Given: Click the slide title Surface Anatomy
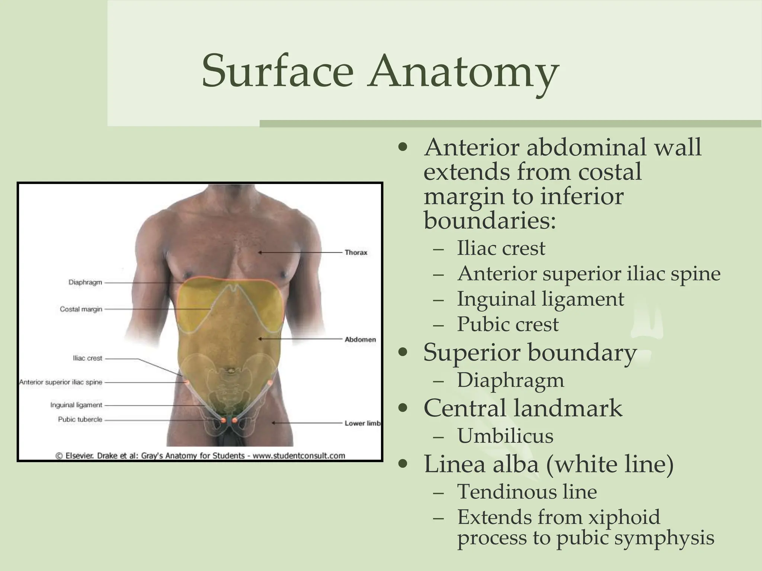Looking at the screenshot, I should pos(380,71).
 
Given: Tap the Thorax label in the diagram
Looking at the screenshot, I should pos(356,252).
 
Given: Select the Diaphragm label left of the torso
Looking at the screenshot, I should pos(85,283).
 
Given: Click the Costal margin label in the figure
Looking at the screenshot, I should pos(81,309).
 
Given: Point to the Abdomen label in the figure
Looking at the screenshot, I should pos(360,339).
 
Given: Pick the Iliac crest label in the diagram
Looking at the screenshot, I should pos(87,358).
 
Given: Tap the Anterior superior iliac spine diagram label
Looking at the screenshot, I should pos(61,382).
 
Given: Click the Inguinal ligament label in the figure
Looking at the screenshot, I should pos(76,405).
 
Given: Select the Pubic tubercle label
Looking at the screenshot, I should pos(80,419).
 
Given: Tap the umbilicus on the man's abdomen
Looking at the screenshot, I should pos(231,371).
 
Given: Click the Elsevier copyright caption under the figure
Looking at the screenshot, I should pos(200,455).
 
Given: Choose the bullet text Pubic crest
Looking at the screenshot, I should pos(508,324).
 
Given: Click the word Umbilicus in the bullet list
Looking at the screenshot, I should pos(505,436).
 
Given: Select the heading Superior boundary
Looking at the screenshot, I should pos(530,352).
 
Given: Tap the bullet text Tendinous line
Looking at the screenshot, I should pos(527,491).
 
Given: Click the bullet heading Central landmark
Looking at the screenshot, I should pos(523,408).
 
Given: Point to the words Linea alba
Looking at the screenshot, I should pos(481,464).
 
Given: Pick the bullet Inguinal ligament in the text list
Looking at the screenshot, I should pos(540,299).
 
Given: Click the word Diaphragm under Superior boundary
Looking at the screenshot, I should pos(510,380).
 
